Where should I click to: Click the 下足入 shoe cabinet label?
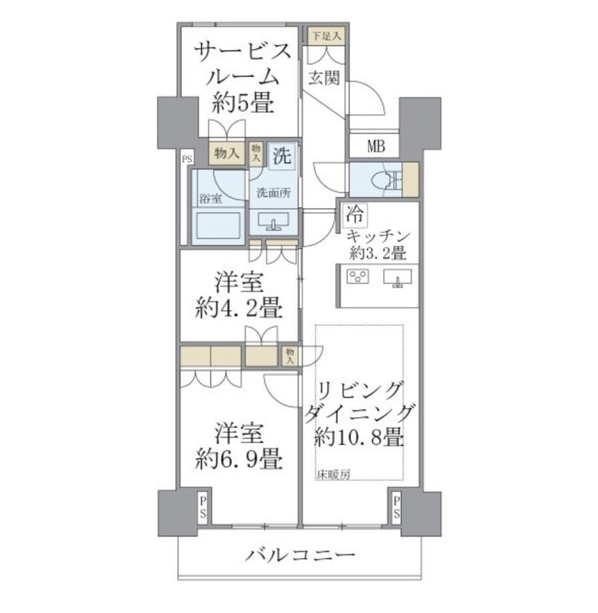(x=326, y=37)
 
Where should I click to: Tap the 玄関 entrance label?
(x=324, y=78)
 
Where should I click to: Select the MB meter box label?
(x=376, y=147)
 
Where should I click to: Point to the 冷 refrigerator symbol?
(x=355, y=215)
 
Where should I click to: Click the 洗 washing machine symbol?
(x=282, y=156)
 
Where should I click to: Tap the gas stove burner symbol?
(x=358, y=277)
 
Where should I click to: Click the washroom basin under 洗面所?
(x=274, y=221)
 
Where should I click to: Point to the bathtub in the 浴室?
(x=218, y=226)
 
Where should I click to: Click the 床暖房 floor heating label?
(x=333, y=474)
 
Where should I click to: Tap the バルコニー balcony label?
(x=300, y=555)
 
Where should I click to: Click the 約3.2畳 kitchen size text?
(x=378, y=253)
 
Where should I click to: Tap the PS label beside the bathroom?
(x=187, y=159)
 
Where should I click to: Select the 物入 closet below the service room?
(x=226, y=153)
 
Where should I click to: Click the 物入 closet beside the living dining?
(x=290, y=356)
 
